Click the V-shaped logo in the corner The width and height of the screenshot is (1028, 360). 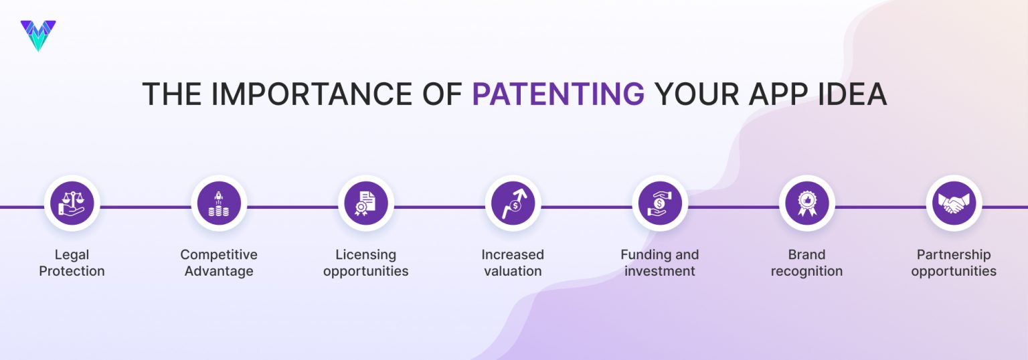coord(38,35)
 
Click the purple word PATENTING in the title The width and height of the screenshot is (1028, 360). coord(558,94)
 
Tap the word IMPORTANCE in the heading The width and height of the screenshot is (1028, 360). coord(336,94)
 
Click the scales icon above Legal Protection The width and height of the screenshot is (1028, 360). coord(72,203)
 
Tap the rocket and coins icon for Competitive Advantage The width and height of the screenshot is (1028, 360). coord(219,203)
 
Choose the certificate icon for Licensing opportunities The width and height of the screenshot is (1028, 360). coord(365,203)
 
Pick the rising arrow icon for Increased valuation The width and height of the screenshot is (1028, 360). coord(513,203)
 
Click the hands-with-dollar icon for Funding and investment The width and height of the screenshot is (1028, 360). coord(660,203)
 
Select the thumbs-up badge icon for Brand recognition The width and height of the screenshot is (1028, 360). coord(806,203)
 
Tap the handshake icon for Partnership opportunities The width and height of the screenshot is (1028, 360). coord(954,203)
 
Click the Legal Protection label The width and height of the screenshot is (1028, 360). coord(72,263)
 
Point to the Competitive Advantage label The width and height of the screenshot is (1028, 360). coord(219,263)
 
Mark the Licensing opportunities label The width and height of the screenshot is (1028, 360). coord(365,263)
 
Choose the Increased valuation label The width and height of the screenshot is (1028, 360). coord(513,263)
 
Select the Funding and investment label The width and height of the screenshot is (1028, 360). coord(660,263)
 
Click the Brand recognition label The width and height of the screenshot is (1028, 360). coord(806,263)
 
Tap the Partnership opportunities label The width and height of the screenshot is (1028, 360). coord(954,263)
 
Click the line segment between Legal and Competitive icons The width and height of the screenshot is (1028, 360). coord(145,207)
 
